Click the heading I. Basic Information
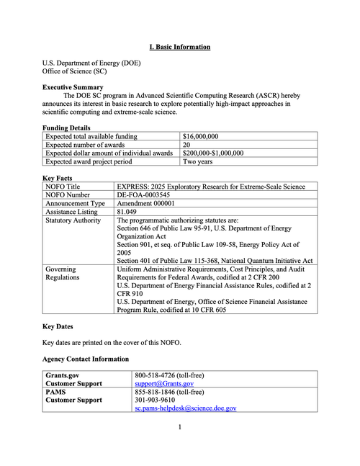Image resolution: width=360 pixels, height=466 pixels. click(x=180, y=47)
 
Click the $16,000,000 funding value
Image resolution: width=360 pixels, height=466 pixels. click(x=201, y=135)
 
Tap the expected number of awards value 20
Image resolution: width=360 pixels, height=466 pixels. click(x=187, y=144)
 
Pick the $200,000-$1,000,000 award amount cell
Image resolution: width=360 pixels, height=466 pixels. click(x=213, y=153)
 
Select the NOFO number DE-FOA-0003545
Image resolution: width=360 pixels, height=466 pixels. click(x=144, y=194)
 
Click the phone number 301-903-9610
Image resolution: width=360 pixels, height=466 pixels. click(x=155, y=400)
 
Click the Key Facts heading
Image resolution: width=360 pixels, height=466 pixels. click(x=59, y=177)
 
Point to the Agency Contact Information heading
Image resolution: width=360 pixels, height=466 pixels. click(x=86, y=359)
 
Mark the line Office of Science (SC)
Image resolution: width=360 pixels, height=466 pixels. click(x=75, y=72)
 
